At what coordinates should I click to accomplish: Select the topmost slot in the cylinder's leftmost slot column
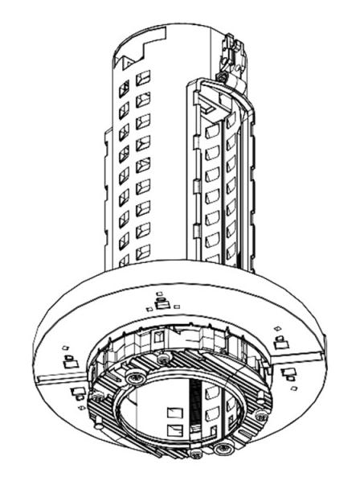click(x=125, y=87)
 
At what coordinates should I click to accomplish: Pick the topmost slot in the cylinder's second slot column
click(x=143, y=79)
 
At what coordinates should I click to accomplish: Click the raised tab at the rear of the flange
click(x=161, y=303)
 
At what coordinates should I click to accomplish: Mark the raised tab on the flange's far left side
click(x=68, y=360)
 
